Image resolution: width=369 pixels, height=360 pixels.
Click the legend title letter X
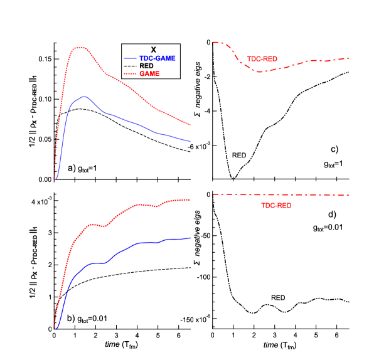pyautogui.click(x=153, y=50)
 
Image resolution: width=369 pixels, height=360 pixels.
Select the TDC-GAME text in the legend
pyautogui.click(x=157, y=58)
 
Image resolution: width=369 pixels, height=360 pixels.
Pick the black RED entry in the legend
pyautogui.click(x=146, y=66)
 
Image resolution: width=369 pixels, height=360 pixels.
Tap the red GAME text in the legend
pyautogui.click(x=149, y=74)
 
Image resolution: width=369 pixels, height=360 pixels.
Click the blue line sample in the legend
pyautogui.click(x=130, y=58)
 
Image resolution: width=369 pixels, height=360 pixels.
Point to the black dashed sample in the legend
pyautogui.click(x=130, y=66)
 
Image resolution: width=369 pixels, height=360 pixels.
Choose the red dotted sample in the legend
pyautogui.click(x=130, y=74)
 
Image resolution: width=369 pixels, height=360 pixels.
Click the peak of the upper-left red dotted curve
pyautogui.click(x=80, y=48)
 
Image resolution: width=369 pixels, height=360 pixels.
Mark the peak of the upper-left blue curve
pyautogui.click(x=83, y=97)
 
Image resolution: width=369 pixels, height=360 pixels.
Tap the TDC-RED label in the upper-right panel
pyautogui.click(x=262, y=59)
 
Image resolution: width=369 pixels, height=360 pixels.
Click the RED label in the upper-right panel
pyautogui.click(x=239, y=155)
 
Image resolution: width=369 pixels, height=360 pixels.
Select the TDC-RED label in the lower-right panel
pyautogui.click(x=276, y=205)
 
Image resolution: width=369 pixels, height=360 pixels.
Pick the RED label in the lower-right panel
pyautogui.click(x=278, y=297)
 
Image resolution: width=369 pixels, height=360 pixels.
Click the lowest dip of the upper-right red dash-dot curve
pyautogui.click(x=260, y=71)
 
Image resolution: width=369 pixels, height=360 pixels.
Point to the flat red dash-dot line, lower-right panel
pyautogui.click(x=282, y=195)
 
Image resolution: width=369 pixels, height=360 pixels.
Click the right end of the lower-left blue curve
pyautogui.click(x=190, y=238)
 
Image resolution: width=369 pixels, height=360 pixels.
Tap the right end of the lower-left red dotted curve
pyautogui.click(x=190, y=199)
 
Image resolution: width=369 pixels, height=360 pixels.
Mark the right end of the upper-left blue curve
pyautogui.click(x=190, y=141)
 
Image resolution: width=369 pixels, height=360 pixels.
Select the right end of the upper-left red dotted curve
pyautogui.click(x=190, y=124)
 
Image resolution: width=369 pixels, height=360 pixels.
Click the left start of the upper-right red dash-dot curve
pyautogui.click(x=213, y=42)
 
